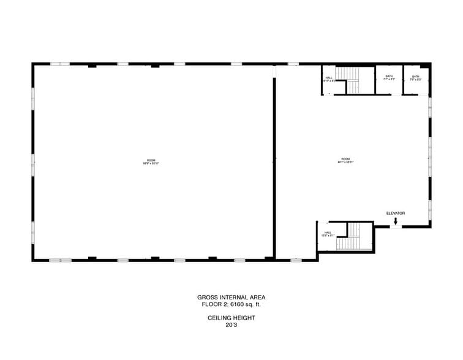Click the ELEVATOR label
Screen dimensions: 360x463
[x=395, y=213]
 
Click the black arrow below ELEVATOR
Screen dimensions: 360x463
[x=396, y=221]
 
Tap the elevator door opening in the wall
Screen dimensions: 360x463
[x=396, y=227]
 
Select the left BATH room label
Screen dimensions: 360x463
[x=389, y=77]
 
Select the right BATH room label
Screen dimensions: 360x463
[x=416, y=77]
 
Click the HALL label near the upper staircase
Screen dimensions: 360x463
[x=329, y=78]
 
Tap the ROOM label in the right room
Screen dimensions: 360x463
[x=346, y=160]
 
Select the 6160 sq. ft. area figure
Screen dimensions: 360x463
[x=246, y=304]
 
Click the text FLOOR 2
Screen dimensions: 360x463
[x=213, y=304]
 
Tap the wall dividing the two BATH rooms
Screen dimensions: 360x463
[x=402, y=80]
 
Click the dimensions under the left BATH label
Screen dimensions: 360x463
[x=389, y=80]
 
